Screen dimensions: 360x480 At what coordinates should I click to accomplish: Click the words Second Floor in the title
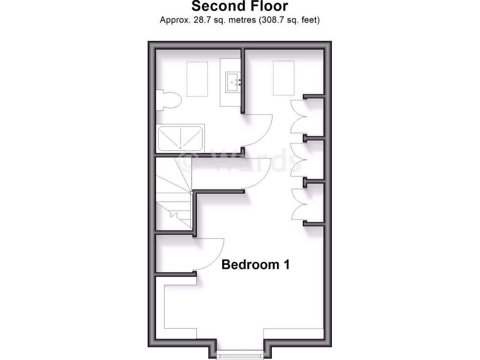(x=240, y=7)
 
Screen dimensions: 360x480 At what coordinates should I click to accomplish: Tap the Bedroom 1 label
(x=255, y=264)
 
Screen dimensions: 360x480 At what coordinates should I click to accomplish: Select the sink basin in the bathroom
(x=233, y=82)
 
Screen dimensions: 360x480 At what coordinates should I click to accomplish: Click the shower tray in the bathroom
(x=180, y=138)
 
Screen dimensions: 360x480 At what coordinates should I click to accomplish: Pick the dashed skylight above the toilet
(x=197, y=79)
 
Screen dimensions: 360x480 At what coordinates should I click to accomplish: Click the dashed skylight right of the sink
(x=283, y=77)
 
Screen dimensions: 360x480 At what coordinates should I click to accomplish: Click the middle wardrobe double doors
(x=297, y=159)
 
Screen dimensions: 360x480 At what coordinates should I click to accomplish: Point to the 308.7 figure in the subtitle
(x=269, y=20)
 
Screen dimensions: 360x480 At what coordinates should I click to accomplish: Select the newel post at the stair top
(x=191, y=192)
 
